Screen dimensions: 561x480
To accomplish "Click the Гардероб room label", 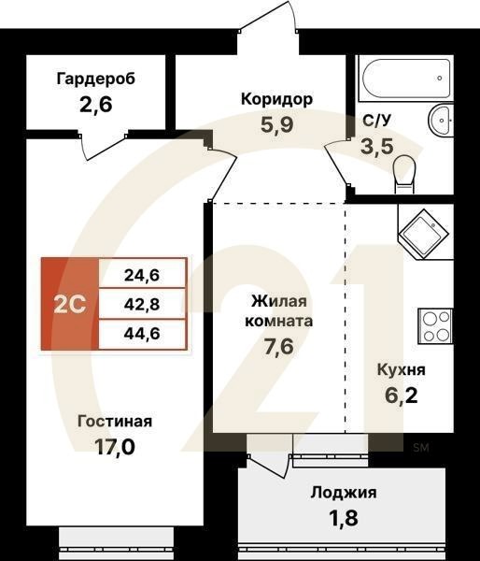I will coord(96,79).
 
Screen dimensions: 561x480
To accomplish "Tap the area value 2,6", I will coord(96,105).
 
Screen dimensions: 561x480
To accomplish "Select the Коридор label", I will coord(276,99).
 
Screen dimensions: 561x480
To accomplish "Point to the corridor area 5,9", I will coord(276,125).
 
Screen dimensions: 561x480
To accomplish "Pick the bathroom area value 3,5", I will coord(377,146).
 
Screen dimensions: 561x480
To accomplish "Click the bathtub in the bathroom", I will coord(404,74).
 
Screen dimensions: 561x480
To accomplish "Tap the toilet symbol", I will coord(404,170).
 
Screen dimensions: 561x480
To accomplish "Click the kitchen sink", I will coord(426,230).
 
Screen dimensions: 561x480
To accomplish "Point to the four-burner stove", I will coord(435,325).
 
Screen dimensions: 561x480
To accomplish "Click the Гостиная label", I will coord(115,421).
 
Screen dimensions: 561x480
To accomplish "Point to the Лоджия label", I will coord(339,492).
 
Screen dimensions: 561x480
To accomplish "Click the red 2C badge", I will coord(69,304).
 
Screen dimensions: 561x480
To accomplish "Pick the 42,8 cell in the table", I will coord(142,304).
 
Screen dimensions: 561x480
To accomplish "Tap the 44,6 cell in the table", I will coord(142,332).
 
